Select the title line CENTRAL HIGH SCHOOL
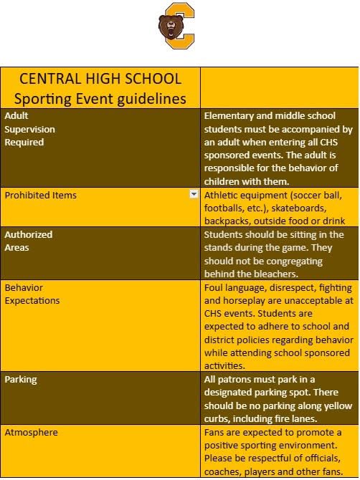tap(100, 78)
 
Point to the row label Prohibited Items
tap(41, 195)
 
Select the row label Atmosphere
tap(32, 433)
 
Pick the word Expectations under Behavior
tap(32, 301)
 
